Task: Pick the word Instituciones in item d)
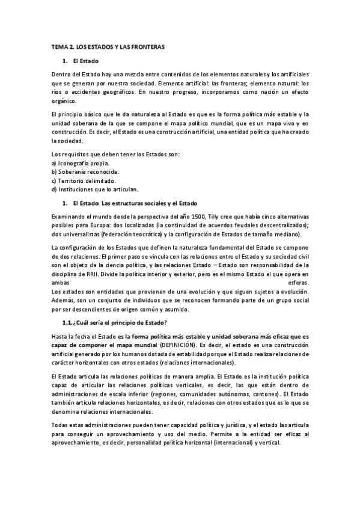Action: (76, 189)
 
